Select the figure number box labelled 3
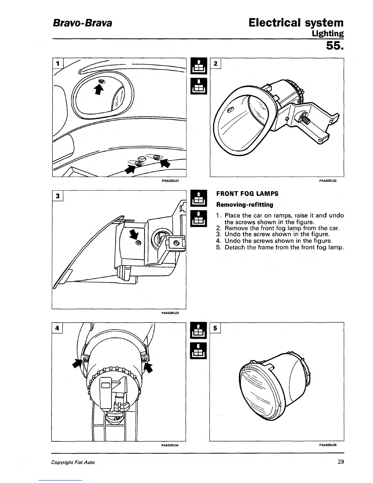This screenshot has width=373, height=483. coord(57,195)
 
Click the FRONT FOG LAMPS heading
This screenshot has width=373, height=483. coord(247,194)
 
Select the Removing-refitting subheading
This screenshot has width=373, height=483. coord(244,204)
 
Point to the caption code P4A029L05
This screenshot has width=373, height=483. coord(328,445)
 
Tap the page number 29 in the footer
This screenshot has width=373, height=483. coord(341,462)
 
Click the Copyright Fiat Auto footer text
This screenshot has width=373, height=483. coord(73,462)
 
